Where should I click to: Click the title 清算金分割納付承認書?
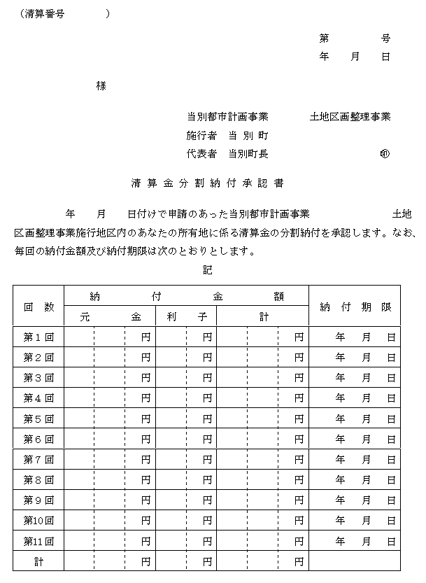click(x=207, y=184)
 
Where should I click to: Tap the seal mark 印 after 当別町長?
click(x=384, y=154)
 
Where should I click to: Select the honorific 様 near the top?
click(x=101, y=86)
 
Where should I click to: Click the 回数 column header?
click(x=38, y=307)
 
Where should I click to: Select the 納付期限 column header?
click(x=355, y=307)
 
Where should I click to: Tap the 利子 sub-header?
click(x=187, y=317)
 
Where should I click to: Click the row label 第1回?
click(x=38, y=337)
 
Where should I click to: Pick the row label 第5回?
click(x=38, y=419)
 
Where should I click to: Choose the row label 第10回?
click(x=38, y=521)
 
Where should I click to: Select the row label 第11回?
click(x=38, y=541)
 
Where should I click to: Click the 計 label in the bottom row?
click(x=38, y=561)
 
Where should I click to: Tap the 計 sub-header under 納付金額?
click(x=263, y=317)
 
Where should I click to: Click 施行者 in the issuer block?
click(x=202, y=135)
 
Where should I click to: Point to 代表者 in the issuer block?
click(x=202, y=154)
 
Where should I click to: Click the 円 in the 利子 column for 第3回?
click(x=208, y=378)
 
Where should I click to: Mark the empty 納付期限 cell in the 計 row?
click(x=355, y=561)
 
